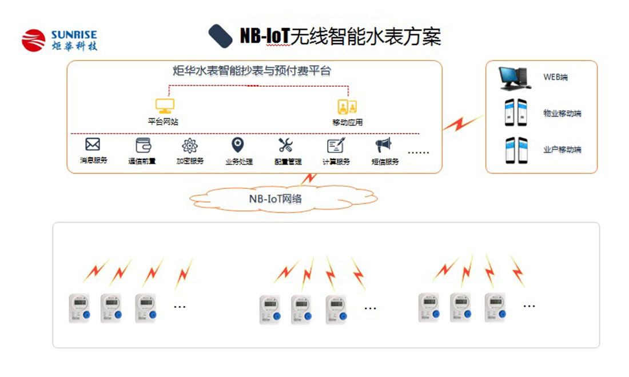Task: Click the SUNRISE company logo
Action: point(59,41)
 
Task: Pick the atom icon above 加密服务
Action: point(189,145)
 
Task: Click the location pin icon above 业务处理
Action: point(237,145)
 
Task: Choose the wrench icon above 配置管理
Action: point(286,145)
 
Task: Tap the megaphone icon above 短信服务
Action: point(383,145)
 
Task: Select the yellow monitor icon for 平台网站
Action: point(166,106)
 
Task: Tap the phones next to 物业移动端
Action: point(515,113)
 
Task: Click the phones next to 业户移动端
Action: point(515,150)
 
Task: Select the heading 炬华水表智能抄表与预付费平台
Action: point(252,71)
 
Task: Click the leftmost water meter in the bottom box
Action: point(79,308)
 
